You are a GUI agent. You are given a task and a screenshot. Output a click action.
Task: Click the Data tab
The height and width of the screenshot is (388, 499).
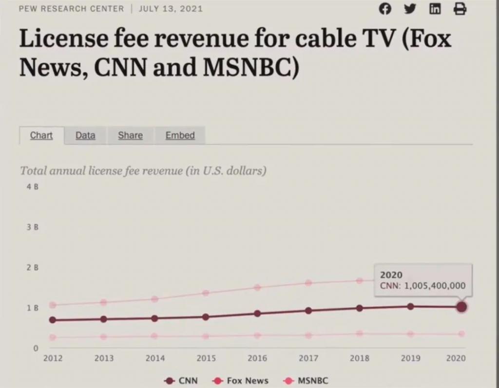85,135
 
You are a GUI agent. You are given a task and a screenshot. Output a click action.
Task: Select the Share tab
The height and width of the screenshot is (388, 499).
130,135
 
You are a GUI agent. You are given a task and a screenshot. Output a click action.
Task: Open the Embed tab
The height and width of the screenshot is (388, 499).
180,135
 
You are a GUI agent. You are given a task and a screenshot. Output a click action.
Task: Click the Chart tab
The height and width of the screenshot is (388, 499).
41,135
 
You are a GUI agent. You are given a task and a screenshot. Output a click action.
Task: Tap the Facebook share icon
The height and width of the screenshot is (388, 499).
385,9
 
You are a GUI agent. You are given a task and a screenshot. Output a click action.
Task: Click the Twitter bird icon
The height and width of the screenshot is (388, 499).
410,9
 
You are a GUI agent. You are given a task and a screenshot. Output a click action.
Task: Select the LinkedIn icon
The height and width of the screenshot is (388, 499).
435,9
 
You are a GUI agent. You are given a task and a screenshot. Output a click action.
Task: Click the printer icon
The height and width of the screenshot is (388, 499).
460,9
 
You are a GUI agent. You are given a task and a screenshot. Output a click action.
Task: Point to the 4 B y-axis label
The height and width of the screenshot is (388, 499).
33,187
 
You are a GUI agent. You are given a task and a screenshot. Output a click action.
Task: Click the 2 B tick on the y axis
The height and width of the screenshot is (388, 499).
33,268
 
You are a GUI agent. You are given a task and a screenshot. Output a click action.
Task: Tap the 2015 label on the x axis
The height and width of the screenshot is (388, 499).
206,358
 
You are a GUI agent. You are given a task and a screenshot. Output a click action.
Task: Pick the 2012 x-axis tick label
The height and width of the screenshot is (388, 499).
53,358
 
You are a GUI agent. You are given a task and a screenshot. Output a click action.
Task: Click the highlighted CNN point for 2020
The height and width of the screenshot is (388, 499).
461,307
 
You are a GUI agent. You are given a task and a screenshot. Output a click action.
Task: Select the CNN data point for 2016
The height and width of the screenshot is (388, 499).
257,314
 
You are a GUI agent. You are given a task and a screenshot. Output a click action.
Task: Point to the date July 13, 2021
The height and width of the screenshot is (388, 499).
171,9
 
